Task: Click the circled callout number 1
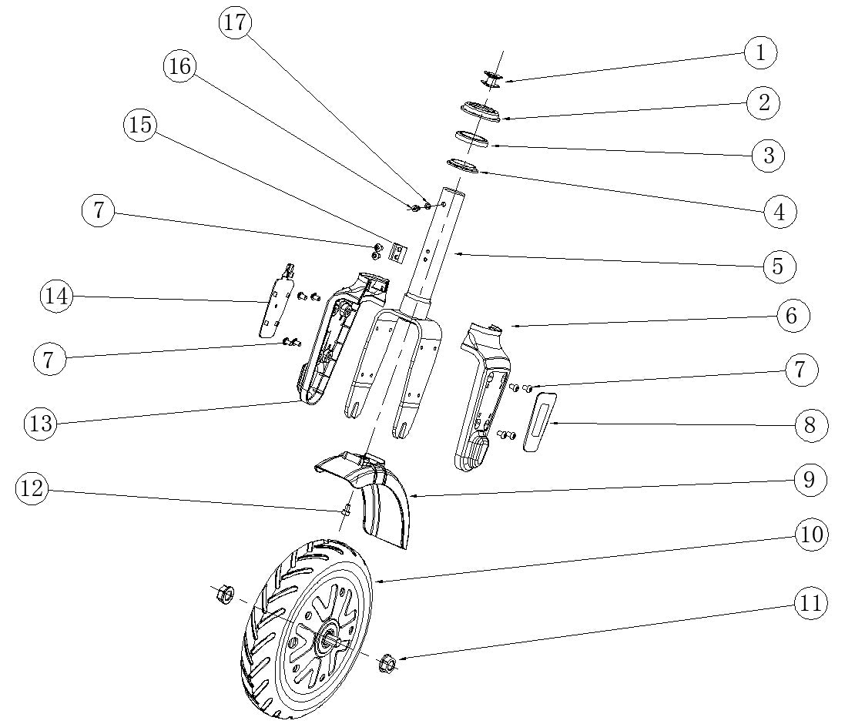tap(761, 52)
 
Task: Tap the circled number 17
tap(236, 22)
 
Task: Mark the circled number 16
tap(179, 66)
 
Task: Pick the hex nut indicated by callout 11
tap(387, 663)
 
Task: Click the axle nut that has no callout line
tap(223, 594)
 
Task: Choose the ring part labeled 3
tap(471, 139)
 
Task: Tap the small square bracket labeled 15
tap(397, 253)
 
